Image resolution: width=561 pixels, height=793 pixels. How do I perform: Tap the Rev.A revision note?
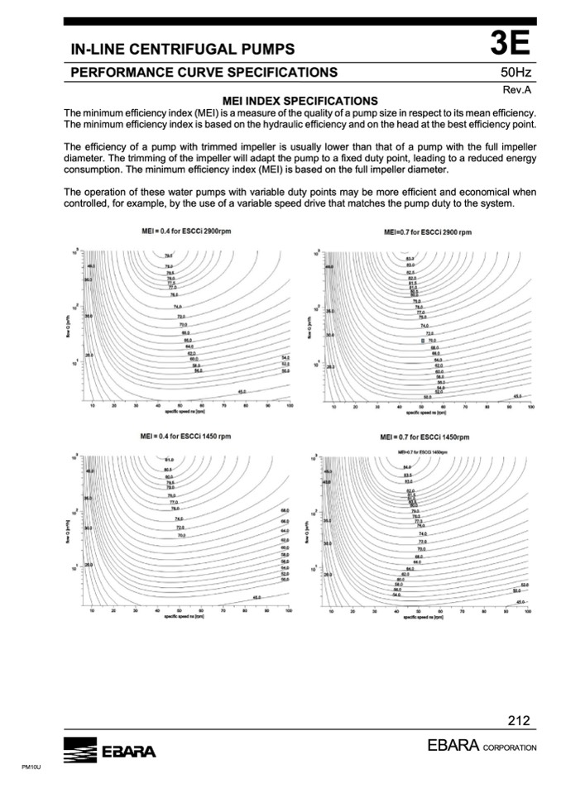(521, 89)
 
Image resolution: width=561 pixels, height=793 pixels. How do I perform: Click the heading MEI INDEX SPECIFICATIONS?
(295, 101)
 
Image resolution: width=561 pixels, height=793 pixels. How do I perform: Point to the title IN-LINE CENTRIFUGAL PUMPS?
(183, 51)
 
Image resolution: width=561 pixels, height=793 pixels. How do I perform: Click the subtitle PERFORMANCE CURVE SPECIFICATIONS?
(204, 73)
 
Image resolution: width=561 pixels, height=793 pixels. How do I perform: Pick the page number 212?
(519, 720)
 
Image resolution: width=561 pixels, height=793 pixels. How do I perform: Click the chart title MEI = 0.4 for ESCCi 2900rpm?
(186, 231)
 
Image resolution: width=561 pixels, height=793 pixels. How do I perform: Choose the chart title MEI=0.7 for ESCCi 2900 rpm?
(428, 232)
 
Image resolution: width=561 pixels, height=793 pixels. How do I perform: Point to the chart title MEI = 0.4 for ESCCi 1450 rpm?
(186, 436)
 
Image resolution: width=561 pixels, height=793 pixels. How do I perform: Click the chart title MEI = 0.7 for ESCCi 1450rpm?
(424, 437)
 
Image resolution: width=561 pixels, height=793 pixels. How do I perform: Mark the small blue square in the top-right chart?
(423, 340)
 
